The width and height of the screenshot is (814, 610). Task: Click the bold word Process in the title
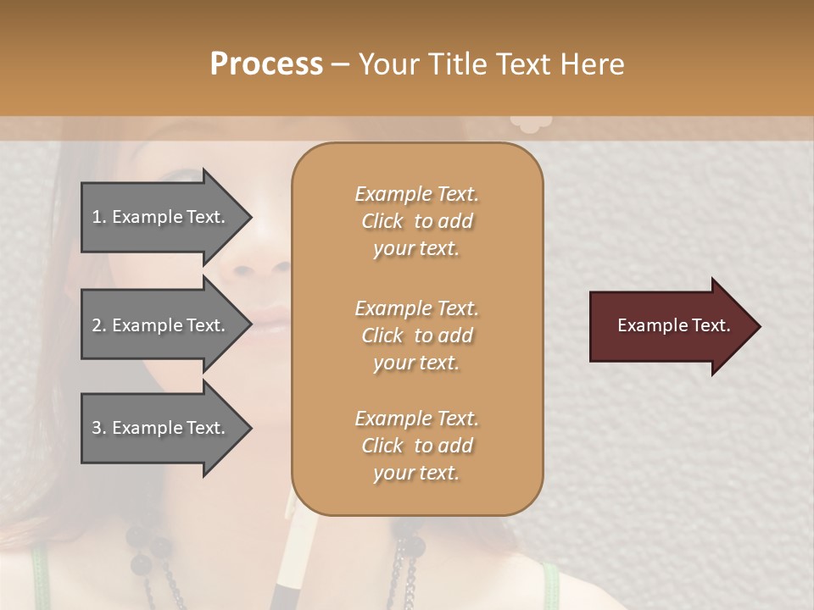(266, 64)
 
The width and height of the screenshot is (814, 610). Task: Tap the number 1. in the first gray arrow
(98, 217)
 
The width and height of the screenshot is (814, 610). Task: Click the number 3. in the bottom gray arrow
(98, 428)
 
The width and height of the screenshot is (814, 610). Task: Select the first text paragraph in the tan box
(416, 221)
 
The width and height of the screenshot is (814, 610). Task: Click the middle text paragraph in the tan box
(416, 335)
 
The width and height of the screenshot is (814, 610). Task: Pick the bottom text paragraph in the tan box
(416, 446)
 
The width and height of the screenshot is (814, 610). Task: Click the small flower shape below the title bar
(531, 125)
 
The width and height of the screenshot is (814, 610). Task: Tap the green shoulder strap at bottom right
(551, 585)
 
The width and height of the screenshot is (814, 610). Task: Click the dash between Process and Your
(340, 64)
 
